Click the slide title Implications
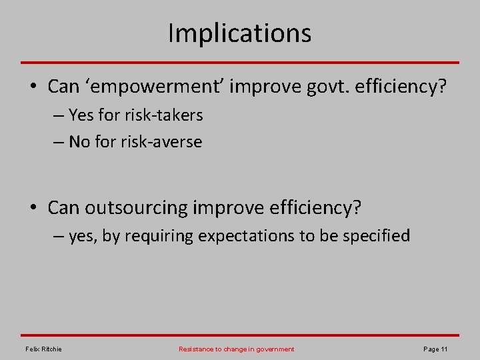(x=239, y=33)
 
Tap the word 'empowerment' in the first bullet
(x=136, y=87)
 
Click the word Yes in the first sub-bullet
(x=81, y=115)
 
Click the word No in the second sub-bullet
(x=79, y=142)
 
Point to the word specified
(x=377, y=236)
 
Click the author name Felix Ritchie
(x=43, y=349)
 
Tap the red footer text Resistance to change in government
(x=236, y=349)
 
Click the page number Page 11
(x=435, y=349)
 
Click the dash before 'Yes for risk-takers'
(x=56, y=116)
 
